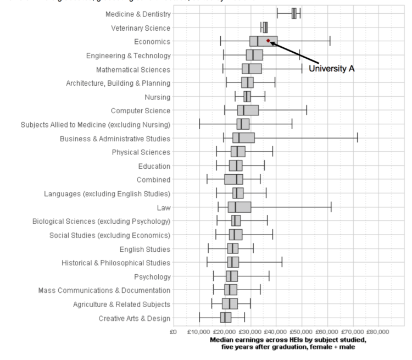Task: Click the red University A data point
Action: (268, 41)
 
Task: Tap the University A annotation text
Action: (332, 69)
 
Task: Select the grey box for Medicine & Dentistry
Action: (294, 14)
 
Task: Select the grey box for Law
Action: (240, 207)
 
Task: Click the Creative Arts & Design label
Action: (135, 318)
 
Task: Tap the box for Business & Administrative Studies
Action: (243, 138)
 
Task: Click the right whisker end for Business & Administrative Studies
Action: (358, 138)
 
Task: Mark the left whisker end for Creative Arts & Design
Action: (199, 318)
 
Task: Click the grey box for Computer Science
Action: (248, 110)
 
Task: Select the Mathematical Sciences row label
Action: (133, 69)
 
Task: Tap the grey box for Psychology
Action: (232, 276)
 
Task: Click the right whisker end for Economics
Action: (330, 41)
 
